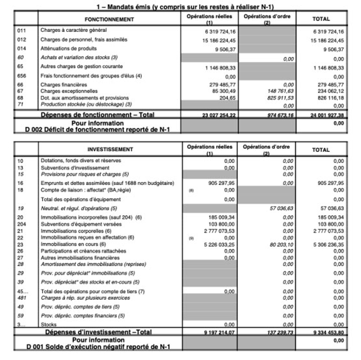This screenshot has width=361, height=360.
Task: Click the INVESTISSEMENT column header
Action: point(110,150)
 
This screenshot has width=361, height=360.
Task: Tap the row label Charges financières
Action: point(63,84)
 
